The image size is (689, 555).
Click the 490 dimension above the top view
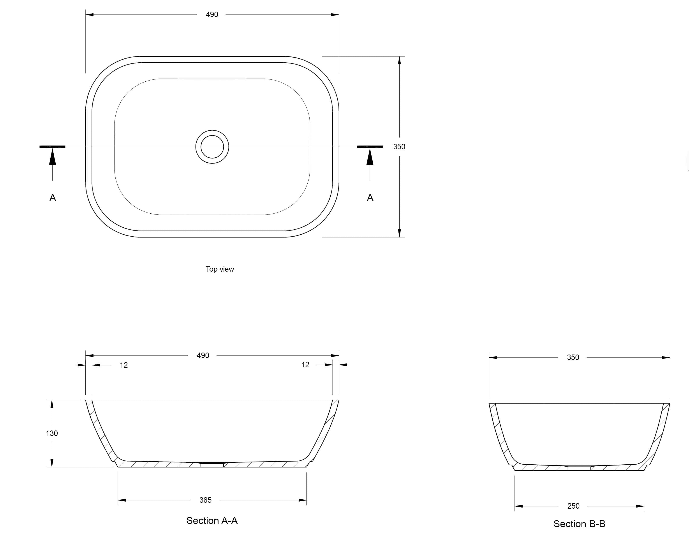(x=212, y=15)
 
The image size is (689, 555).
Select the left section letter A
(x=53, y=198)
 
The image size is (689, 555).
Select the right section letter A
(x=370, y=198)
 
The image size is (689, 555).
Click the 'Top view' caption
(x=220, y=269)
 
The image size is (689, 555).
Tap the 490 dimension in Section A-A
(x=203, y=355)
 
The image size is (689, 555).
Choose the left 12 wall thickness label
(x=124, y=365)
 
